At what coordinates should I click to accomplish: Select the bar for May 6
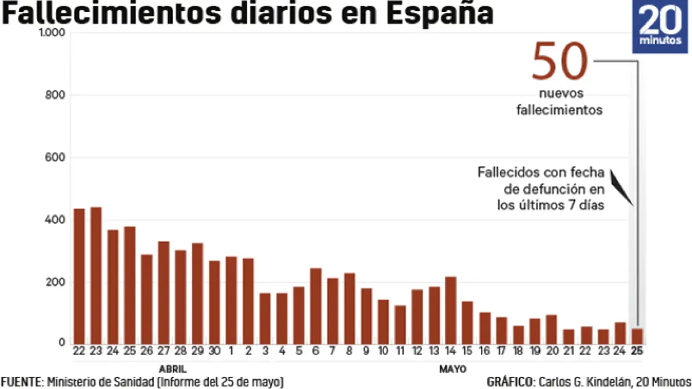tap(315, 305)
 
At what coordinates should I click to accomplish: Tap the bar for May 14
tap(450, 310)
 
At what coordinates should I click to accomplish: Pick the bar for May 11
tap(400, 324)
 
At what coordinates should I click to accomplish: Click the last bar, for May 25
tap(637, 335)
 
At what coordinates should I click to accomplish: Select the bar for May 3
tap(265, 318)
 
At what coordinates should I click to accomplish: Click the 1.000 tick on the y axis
tap(52, 33)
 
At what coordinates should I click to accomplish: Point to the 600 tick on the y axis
tap(55, 157)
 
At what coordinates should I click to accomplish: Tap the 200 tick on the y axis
tap(55, 282)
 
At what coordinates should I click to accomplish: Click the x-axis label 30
tap(215, 351)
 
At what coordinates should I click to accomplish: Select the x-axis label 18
tap(518, 351)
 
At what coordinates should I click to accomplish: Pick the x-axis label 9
tap(366, 351)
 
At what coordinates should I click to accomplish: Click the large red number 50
tap(559, 61)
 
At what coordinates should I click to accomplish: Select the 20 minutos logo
tap(662, 27)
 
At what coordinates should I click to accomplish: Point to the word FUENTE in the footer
tap(21, 382)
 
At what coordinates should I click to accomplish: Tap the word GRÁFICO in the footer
tap(510, 382)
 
